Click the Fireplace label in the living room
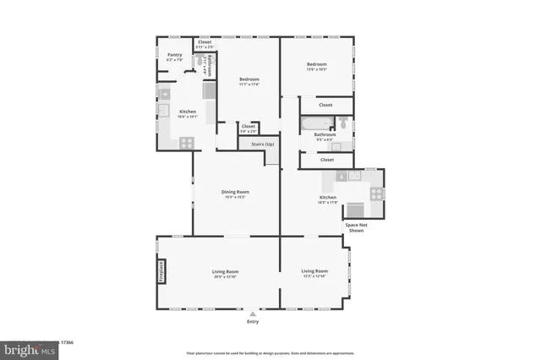click(x=161, y=271)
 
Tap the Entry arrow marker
click(x=252, y=314)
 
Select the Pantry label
click(x=175, y=57)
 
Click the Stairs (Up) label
click(x=262, y=145)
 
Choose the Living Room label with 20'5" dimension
click(x=224, y=273)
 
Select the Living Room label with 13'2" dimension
click(x=314, y=273)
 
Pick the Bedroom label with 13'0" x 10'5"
click(x=316, y=66)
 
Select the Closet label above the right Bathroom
click(x=325, y=105)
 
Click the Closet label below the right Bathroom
click(x=326, y=159)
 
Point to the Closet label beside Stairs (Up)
click(x=248, y=128)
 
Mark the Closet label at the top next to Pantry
click(x=205, y=43)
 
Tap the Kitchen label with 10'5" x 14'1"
click(x=188, y=114)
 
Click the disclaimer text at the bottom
click(x=270, y=352)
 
